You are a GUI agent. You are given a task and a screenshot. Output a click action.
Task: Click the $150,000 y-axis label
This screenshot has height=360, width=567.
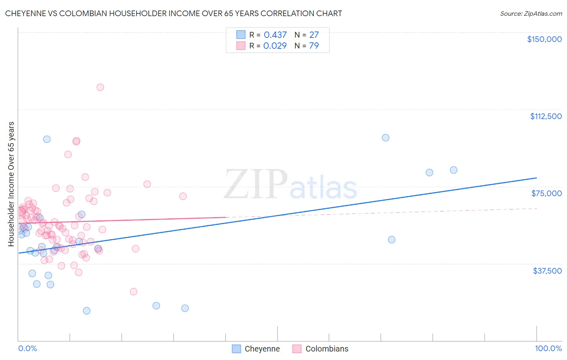544,39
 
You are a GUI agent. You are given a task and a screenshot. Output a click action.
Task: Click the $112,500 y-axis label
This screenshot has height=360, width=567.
546,116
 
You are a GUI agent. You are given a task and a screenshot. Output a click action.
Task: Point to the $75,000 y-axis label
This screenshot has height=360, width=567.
546,193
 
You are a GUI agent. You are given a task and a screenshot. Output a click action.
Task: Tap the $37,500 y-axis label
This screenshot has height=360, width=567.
547,271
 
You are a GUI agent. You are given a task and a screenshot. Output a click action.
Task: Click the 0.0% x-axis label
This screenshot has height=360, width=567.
27,349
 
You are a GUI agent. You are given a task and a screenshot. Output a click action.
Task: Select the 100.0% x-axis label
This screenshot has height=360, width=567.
548,349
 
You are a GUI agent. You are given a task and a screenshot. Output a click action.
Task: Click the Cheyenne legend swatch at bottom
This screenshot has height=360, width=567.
236,349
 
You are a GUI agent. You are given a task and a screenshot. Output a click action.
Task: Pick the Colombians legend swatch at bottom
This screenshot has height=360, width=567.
297,349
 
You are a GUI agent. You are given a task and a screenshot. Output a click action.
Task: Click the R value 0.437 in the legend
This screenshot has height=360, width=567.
275,35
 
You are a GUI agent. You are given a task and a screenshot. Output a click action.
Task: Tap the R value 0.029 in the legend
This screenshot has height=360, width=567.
275,46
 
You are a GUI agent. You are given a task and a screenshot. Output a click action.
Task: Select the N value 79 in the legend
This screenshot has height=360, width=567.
314,46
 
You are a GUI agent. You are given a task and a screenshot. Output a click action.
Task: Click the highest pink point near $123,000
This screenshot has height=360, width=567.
100,87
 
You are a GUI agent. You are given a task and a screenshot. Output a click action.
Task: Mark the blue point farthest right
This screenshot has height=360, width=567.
454,170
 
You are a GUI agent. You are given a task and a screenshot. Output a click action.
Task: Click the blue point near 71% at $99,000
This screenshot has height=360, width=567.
386,138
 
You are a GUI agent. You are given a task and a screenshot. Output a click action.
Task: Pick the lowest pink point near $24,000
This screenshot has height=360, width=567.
133,291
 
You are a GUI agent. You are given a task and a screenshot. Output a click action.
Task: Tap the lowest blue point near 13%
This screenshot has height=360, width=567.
87,311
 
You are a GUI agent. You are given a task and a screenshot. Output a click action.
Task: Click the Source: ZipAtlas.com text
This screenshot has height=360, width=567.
531,14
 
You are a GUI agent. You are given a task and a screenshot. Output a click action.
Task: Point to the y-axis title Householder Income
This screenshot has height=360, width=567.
11,184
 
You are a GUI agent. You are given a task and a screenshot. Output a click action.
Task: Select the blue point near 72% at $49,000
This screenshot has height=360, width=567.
392,240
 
